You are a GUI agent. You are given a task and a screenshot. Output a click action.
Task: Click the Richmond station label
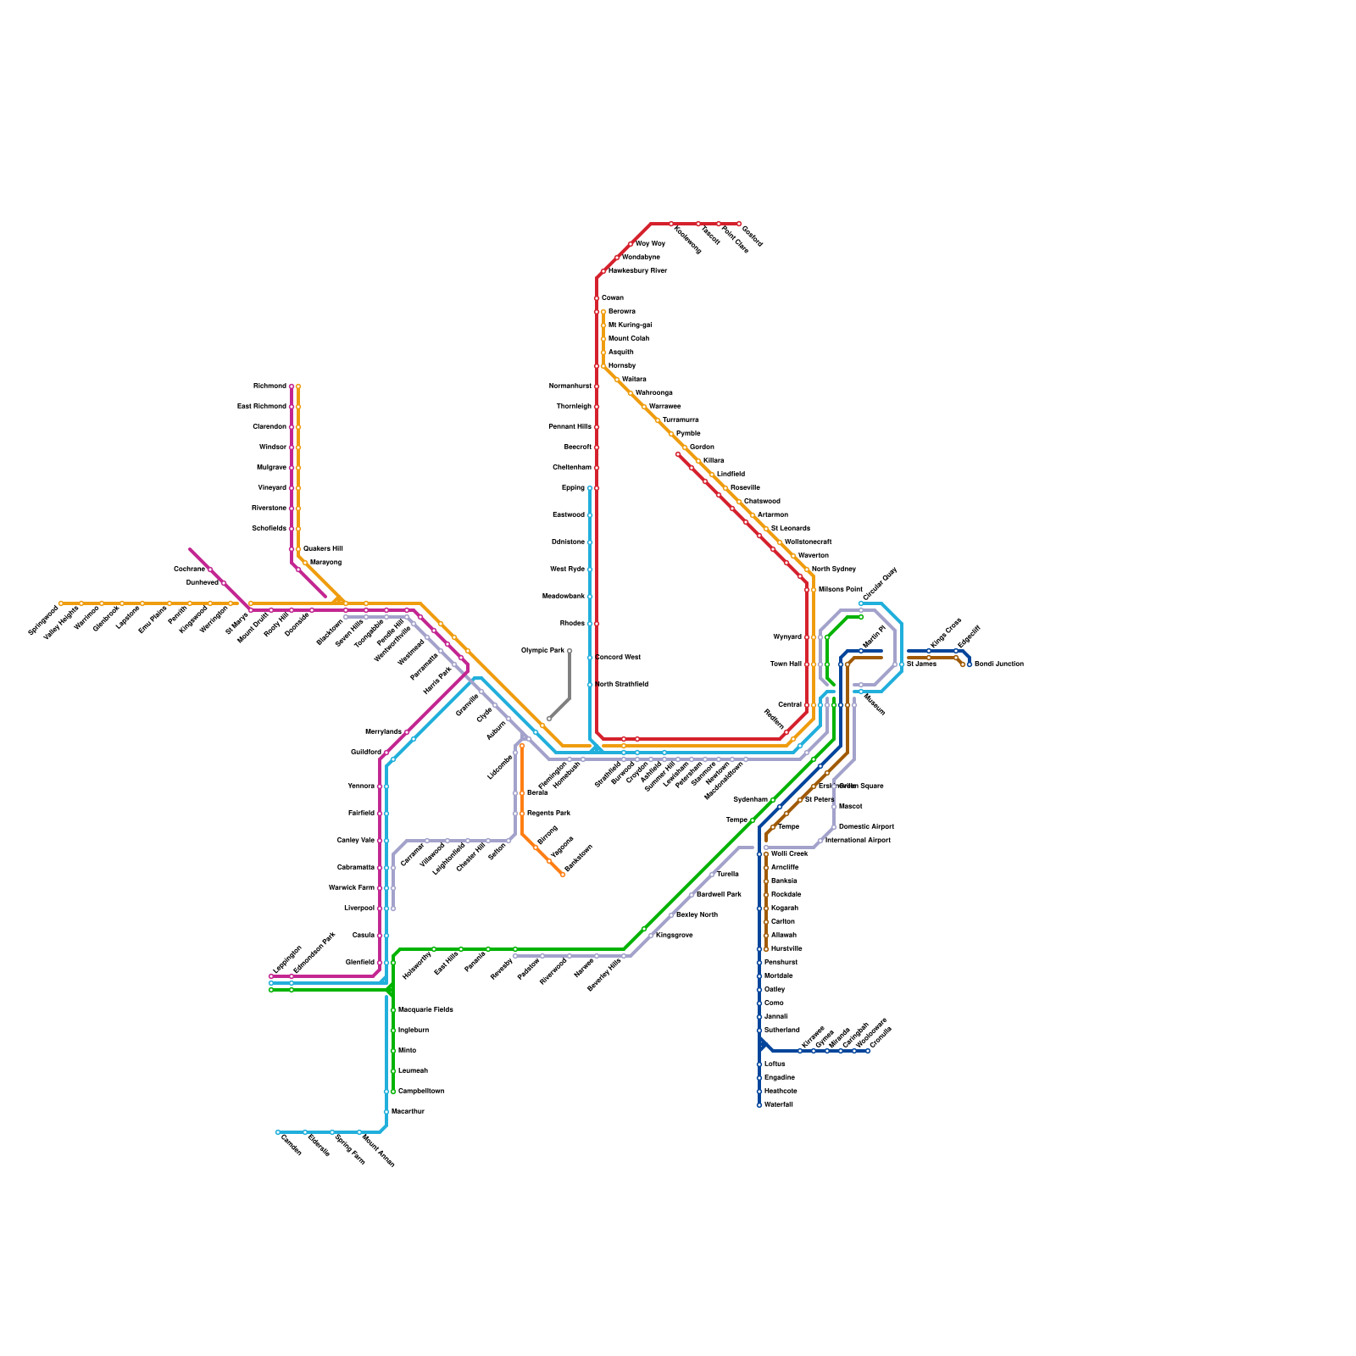click(x=270, y=386)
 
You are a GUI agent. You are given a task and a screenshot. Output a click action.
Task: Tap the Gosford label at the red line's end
click(x=753, y=236)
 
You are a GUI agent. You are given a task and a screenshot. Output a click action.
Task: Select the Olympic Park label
click(x=542, y=651)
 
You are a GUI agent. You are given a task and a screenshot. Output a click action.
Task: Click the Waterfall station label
click(x=778, y=1105)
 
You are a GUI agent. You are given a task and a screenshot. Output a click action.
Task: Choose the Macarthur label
click(x=408, y=1111)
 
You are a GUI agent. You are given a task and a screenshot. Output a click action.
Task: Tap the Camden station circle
click(x=278, y=1132)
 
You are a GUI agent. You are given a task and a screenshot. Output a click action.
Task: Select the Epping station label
click(x=573, y=488)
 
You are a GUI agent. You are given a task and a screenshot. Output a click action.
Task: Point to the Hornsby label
click(x=622, y=366)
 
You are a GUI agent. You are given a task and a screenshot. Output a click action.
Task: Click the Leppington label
click(x=286, y=960)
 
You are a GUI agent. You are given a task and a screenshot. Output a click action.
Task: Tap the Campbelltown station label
click(x=421, y=1092)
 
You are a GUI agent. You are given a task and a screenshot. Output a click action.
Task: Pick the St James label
click(x=921, y=664)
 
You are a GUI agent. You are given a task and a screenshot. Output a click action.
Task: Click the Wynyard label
click(x=787, y=637)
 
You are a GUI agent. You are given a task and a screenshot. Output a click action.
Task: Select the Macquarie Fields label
click(x=425, y=1010)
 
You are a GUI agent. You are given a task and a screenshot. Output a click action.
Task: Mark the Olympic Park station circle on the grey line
click(x=570, y=651)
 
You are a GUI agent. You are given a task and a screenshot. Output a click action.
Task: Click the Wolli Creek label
click(x=789, y=854)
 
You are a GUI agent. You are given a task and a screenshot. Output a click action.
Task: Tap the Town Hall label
click(x=786, y=664)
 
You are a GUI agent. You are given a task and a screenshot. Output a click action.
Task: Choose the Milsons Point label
click(x=840, y=590)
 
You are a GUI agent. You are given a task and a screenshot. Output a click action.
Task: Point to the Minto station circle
click(x=393, y=1051)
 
